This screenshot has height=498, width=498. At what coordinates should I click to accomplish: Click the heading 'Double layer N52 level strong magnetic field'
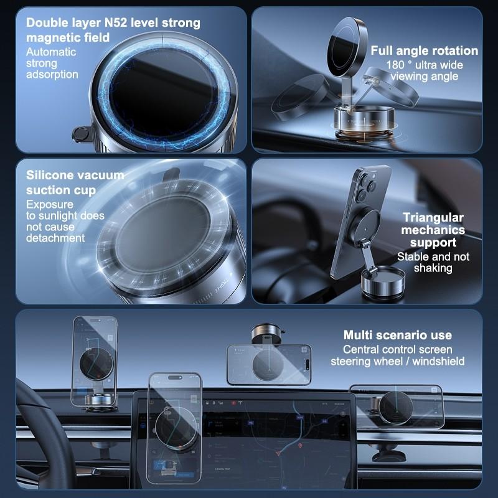coord(113,30)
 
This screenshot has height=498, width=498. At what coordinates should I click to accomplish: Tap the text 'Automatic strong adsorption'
coord(52,63)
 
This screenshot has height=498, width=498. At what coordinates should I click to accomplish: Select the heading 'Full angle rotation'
coord(425,50)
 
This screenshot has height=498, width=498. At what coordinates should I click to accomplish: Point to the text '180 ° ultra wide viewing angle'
coord(425,70)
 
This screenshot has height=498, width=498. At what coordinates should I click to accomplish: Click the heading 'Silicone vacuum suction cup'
coord(75,182)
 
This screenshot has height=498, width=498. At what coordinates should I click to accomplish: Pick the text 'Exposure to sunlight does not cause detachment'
coord(65,221)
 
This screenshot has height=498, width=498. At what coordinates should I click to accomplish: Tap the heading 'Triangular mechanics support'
coord(433,230)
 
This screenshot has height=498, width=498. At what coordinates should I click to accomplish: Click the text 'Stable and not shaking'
coord(433,262)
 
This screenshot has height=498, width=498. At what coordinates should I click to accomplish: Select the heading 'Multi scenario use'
coord(397,335)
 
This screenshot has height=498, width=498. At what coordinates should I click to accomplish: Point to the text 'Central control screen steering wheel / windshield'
coord(397,355)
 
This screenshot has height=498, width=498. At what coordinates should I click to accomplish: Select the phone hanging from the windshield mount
coord(268,364)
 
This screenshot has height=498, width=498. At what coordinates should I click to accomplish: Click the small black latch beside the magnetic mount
coord(80,133)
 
